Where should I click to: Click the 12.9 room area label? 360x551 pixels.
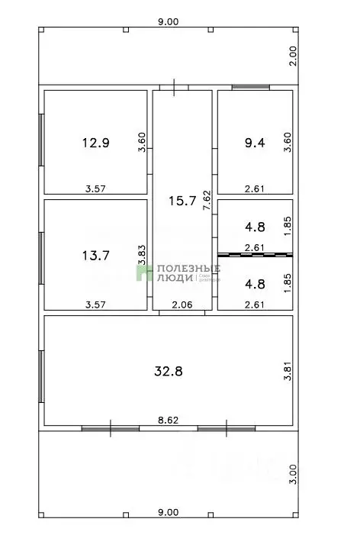[96, 142]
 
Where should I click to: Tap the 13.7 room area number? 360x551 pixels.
[96, 256]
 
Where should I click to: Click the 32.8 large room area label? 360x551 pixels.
[169, 372]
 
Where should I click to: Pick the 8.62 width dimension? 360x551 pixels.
[168, 420]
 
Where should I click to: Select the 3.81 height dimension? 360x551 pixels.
[288, 372]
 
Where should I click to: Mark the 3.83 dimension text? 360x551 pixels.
[141, 254]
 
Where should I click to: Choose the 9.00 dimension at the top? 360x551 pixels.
[168, 22]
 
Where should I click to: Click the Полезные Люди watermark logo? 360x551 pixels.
[178, 273]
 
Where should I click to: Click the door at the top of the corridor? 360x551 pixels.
[178, 87]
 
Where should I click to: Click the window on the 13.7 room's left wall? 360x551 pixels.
[41, 256]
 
